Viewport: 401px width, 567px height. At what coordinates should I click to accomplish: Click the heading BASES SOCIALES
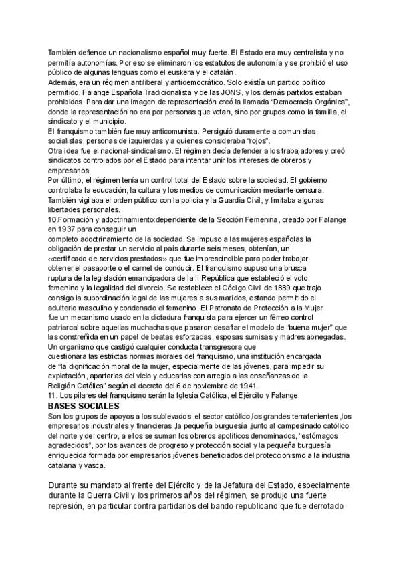84,406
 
